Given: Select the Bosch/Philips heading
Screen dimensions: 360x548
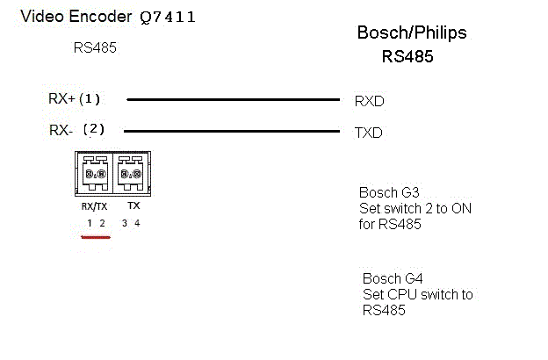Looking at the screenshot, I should click(411, 33).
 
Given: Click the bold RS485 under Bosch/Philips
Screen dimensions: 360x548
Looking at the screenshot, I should click(407, 57).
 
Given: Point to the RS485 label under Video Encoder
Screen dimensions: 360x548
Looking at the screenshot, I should click(95, 48).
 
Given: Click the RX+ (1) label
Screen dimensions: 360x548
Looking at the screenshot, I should click(75, 99).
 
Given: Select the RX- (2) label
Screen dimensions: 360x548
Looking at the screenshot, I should click(76, 130).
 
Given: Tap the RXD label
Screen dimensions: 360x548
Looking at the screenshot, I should click(369, 101).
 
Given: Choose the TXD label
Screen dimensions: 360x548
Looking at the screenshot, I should click(368, 133).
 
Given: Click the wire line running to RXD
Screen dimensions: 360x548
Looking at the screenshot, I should click(233, 99).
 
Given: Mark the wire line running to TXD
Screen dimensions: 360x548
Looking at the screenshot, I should click(233, 132).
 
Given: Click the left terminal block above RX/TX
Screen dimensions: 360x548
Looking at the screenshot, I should click(94, 175).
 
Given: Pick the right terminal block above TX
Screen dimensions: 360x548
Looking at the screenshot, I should click(133, 175).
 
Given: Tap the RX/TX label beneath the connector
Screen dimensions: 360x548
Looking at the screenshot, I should click(95, 206).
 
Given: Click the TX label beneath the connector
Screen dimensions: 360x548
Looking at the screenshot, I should click(133, 206).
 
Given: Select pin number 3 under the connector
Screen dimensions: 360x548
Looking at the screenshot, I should click(126, 224).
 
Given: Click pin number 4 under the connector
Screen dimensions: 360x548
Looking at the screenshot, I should click(137, 224).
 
